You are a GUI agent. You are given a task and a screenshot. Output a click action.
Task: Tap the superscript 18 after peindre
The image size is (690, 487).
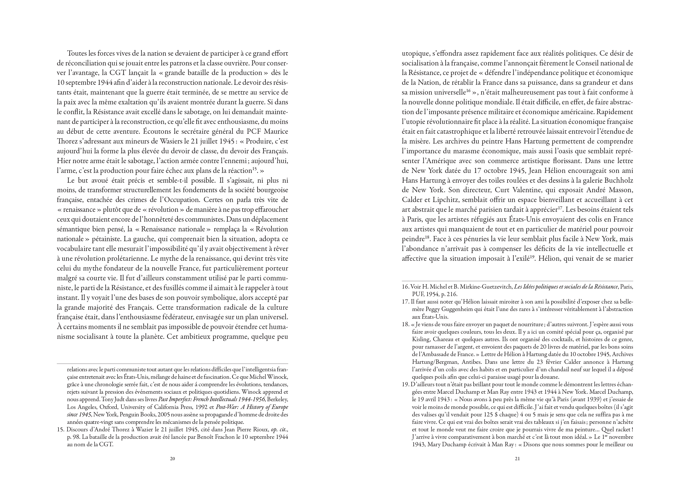click(x=426, y=237)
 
